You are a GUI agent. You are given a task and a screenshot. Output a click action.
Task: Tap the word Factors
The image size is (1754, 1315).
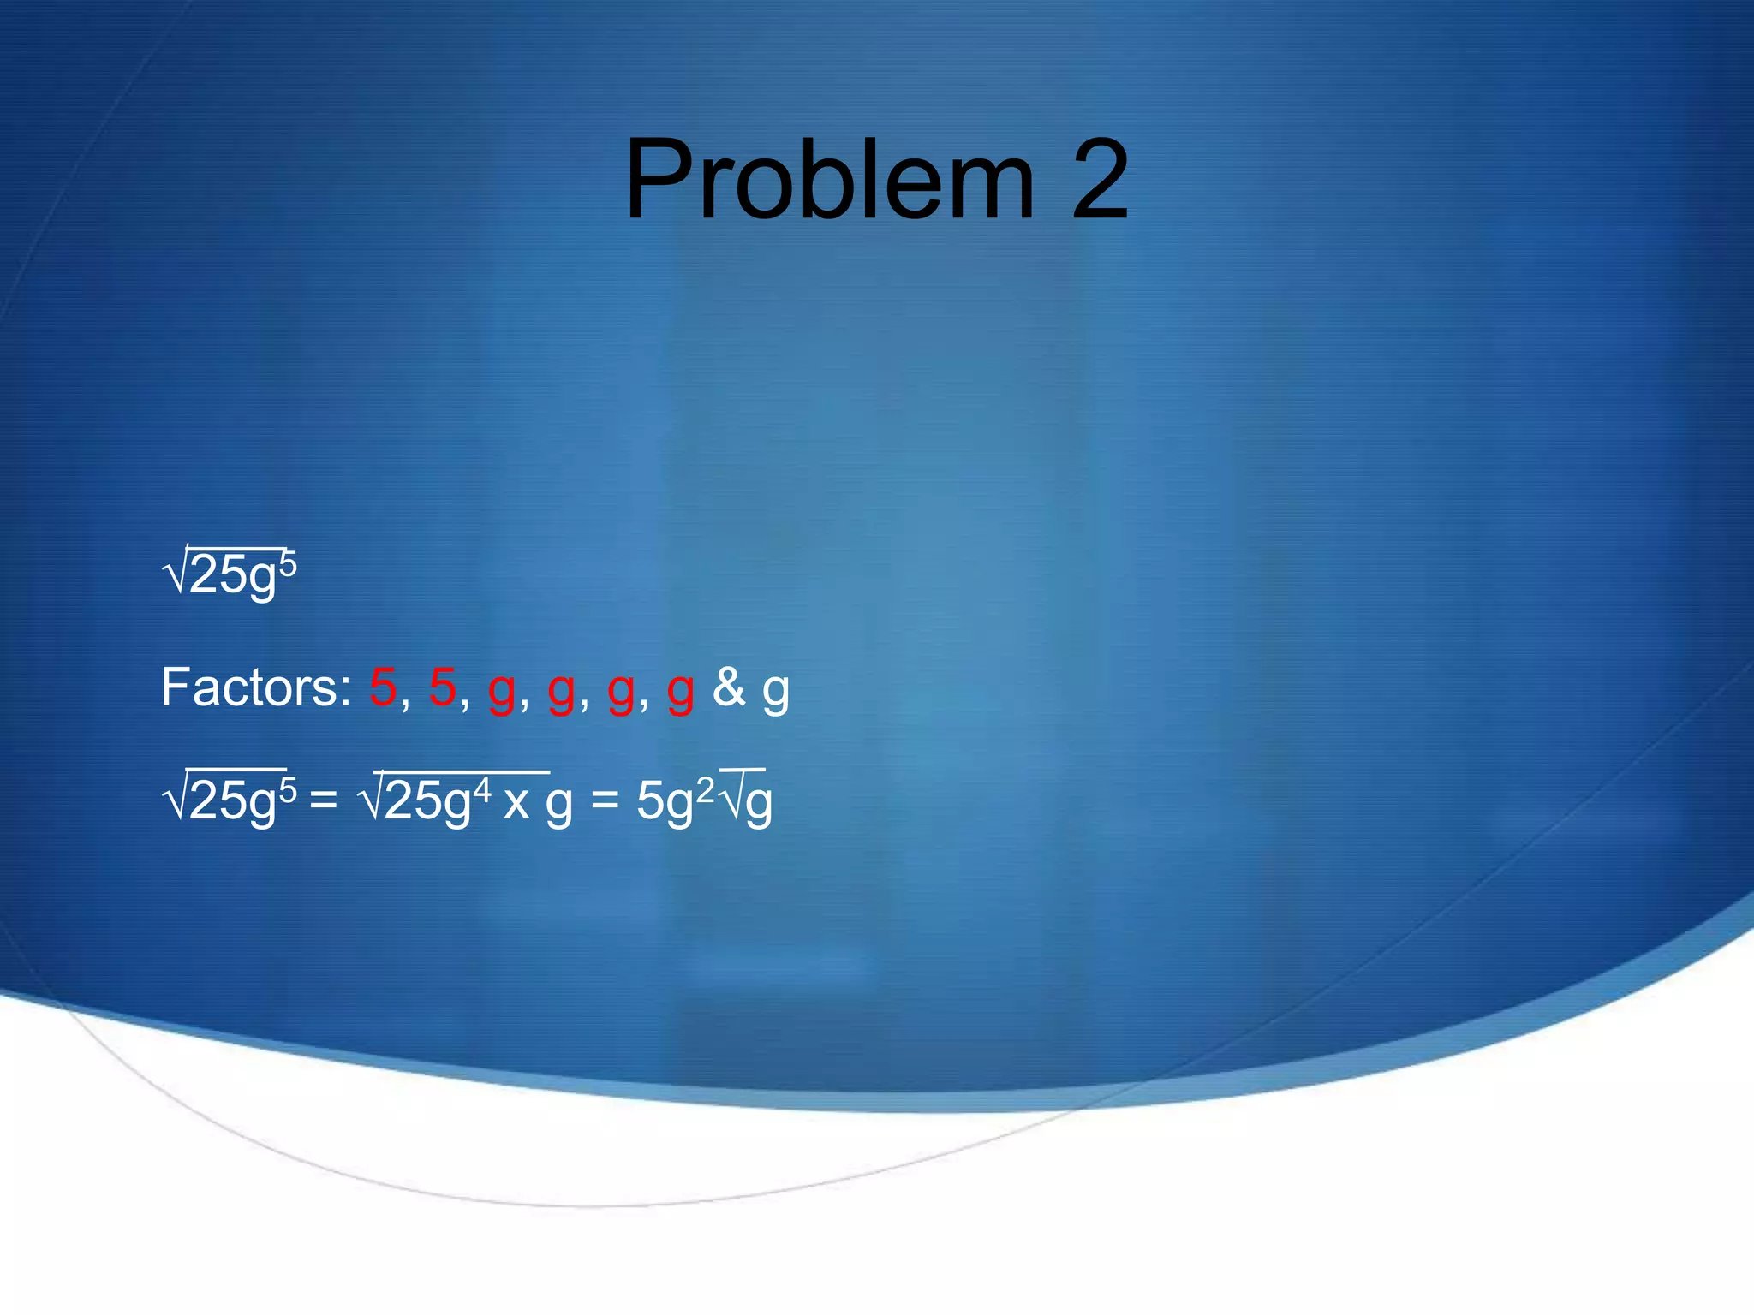[x=255, y=687]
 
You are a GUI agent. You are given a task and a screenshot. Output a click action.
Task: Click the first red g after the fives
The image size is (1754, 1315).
[x=502, y=692]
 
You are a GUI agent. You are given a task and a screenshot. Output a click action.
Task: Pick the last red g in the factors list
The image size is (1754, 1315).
[x=681, y=692]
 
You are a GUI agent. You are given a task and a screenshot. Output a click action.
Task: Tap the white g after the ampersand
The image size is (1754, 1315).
[x=776, y=692]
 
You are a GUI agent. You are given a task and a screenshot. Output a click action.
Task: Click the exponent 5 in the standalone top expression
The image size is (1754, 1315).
[x=288, y=566]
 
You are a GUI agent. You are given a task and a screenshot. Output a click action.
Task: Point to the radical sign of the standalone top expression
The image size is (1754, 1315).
[x=175, y=572]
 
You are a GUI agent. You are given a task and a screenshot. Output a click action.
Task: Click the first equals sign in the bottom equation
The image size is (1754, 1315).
[x=323, y=801]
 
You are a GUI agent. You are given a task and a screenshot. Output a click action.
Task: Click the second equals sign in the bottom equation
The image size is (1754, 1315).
[x=605, y=801]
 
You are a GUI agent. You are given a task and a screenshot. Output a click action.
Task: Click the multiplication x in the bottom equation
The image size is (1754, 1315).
[x=516, y=805]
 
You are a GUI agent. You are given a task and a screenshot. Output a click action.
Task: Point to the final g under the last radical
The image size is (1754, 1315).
[x=759, y=805]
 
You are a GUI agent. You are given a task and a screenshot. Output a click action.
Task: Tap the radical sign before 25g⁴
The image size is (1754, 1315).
[x=372, y=800]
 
